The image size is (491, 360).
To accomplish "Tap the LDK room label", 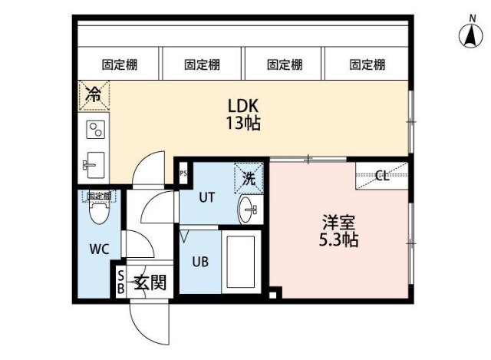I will (242, 106).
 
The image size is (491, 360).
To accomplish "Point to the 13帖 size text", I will (242, 123).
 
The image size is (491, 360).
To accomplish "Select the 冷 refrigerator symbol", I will (93, 95).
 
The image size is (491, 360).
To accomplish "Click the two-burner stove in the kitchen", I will (94, 129).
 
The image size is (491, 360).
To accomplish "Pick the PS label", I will (183, 173).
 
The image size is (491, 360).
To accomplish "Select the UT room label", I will (206, 197).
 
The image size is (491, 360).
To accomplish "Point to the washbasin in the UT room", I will (248, 207).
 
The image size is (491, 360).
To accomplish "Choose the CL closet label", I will (382, 176).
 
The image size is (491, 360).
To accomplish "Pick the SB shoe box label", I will (120, 282).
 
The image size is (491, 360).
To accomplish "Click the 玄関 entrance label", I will (150, 282).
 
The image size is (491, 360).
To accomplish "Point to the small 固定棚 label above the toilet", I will (97, 197).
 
